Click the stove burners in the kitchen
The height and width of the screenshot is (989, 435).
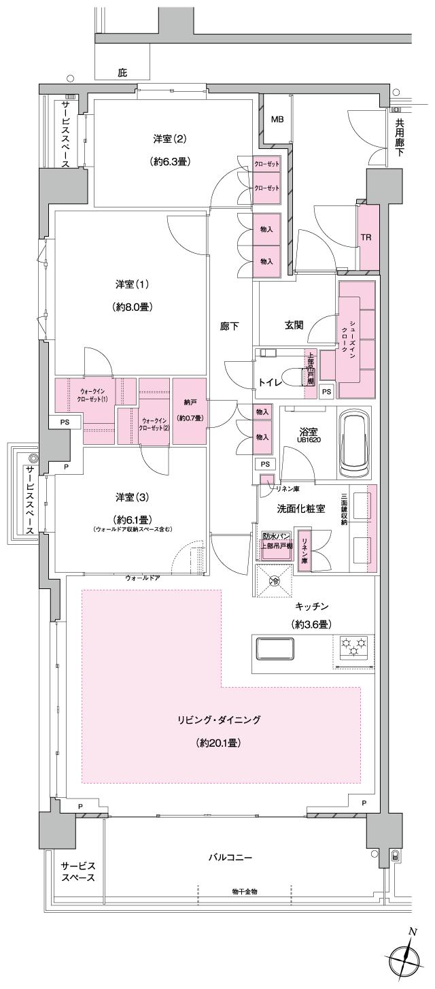point(353,646)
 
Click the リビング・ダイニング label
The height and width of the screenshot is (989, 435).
point(220,719)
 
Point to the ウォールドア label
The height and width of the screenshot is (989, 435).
point(143,578)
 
